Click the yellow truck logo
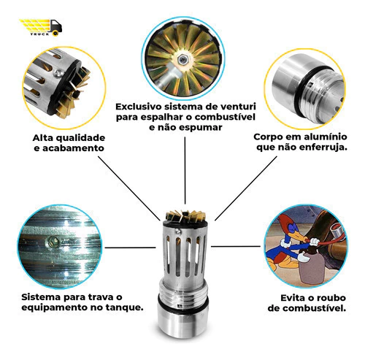tap(41, 27)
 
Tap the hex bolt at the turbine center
tap(182, 60)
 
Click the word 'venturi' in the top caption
tap(238, 107)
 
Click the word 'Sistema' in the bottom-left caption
tap(41, 297)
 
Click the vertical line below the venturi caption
tap(185, 170)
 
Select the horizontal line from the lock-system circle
tap(130, 248)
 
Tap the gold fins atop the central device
tap(185, 216)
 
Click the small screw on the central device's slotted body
tap(179, 231)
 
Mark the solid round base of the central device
tap(182, 321)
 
